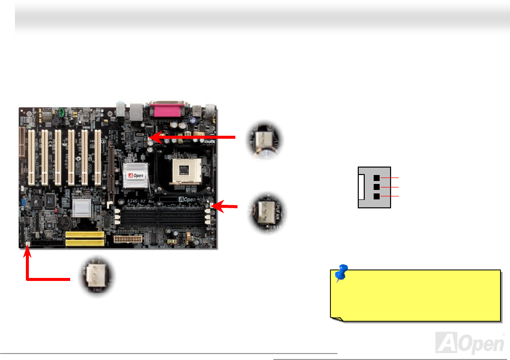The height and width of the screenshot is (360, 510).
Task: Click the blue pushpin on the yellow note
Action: pyautogui.click(x=341, y=272)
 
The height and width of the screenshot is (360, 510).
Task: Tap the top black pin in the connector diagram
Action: pyautogui.click(x=377, y=178)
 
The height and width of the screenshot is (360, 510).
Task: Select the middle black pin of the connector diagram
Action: pyautogui.click(x=377, y=187)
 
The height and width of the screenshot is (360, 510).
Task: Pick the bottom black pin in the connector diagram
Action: pyautogui.click(x=377, y=196)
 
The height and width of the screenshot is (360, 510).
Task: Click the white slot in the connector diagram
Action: pyautogui.click(x=362, y=187)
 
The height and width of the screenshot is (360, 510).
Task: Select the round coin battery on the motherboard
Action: pyautogui.click(x=67, y=222)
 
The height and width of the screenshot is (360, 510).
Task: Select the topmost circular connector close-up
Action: pyautogui.click(x=264, y=139)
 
